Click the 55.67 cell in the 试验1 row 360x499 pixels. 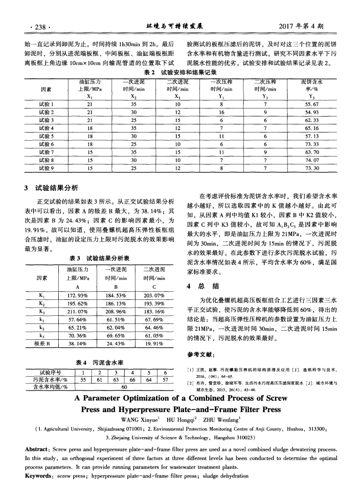point(311,103)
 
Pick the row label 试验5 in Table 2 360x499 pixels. point(47,137)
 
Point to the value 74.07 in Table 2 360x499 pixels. point(311,160)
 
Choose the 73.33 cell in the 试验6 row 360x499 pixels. point(311,145)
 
